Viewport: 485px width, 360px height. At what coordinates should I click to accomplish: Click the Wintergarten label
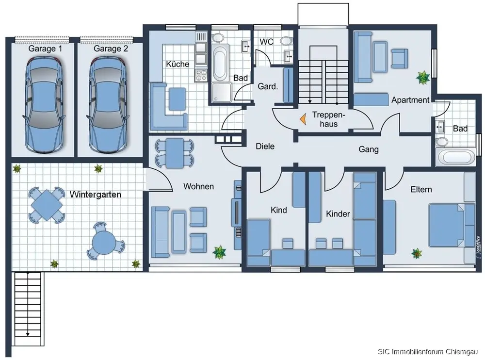coord(95,195)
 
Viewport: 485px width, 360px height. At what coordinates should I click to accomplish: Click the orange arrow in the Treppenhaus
coord(303,119)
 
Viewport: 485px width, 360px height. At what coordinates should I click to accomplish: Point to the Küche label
coord(178,64)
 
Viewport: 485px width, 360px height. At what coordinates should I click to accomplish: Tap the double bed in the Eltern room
coord(447,225)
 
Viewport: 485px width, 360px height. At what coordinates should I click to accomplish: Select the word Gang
coord(369,149)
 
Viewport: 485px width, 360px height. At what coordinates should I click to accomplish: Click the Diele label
coord(265,146)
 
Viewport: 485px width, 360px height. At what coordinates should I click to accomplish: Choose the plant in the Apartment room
coord(422,78)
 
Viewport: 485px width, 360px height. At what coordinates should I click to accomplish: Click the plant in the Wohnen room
coord(219,252)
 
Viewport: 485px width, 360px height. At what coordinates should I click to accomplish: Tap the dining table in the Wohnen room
coord(175,153)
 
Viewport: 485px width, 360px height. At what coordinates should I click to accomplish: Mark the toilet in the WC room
coord(287,41)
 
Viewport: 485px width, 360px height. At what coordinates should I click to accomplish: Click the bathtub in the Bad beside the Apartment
coord(455,157)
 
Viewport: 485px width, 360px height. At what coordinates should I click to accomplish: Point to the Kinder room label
coord(338,213)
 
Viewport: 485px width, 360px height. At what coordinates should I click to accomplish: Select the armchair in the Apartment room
coord(399,58)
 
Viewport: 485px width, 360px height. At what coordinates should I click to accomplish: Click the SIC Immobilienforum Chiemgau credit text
coord(428,352)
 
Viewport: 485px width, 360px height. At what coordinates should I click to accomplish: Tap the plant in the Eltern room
coord(417,253)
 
